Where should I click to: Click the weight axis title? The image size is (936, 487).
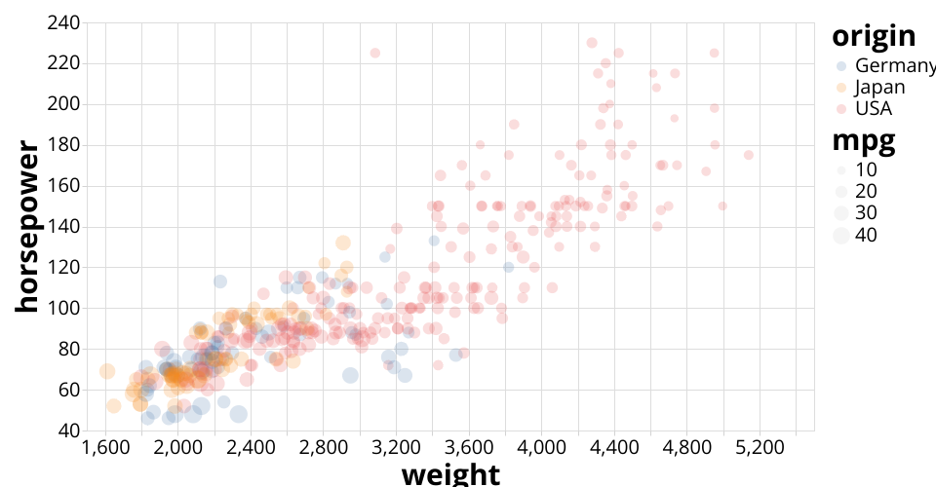coord(450,474)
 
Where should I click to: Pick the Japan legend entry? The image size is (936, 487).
coord(879,87)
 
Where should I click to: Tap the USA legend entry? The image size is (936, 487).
coord(873,108)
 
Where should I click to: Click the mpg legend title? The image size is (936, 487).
coord(863,141)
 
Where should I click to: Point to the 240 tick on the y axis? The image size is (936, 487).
coord(63,22)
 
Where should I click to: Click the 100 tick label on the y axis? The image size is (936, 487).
coord(63,308)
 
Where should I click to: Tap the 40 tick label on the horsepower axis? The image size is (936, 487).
coord(68,431)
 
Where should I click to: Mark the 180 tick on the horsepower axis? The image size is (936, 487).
coord(63,145)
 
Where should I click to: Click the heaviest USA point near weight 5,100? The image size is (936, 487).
coord(749,155)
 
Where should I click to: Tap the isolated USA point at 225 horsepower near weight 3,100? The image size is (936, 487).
coord(375,53)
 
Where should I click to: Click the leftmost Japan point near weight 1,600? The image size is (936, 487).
coord(107,371)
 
